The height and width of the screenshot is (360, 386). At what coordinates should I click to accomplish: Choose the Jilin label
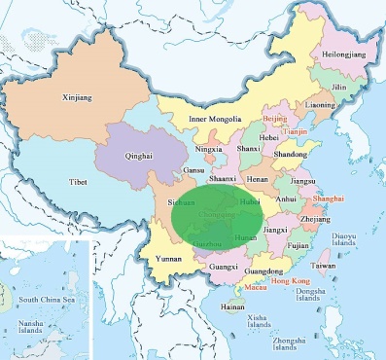(x=337, y=87)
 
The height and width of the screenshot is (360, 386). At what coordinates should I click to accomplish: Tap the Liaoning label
(x=320, y=104)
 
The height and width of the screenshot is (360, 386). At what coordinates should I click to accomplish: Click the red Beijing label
(x=275, y=118)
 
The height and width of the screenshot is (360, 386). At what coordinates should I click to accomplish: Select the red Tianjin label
(x=296, y=130)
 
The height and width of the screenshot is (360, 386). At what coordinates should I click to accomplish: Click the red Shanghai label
(x=329, y=198)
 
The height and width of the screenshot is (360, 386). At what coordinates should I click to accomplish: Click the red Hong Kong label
(x=290, y=280)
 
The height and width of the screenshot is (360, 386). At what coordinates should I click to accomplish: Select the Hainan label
(x=232, y=306)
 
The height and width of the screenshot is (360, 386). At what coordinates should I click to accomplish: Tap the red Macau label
(x=255, y=288)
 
